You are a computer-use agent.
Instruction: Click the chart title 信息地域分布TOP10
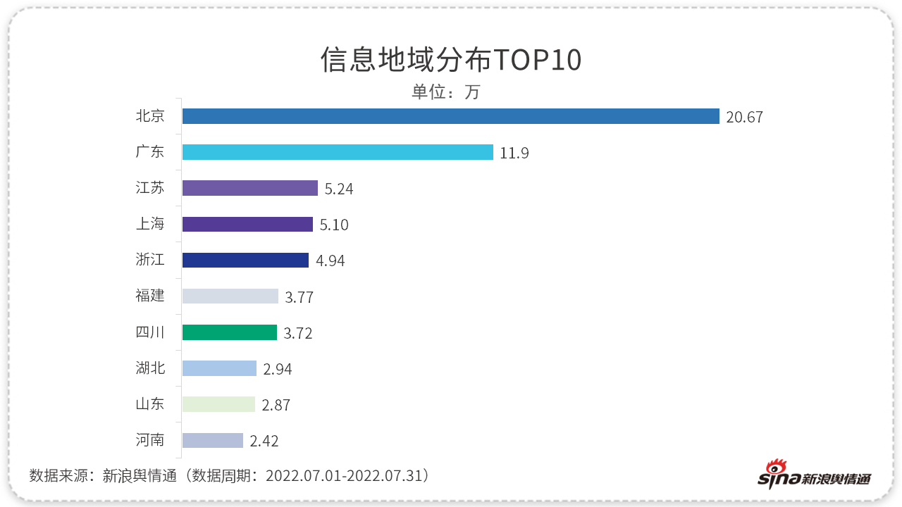451,61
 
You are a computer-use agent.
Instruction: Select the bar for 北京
450,116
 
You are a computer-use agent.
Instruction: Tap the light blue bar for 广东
338,152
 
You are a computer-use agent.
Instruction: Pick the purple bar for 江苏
250,188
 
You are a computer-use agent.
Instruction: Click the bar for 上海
247,224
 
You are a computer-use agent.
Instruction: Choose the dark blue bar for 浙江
245,260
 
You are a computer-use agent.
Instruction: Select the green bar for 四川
230,332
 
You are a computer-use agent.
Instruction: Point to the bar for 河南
213,440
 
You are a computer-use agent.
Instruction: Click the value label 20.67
744,117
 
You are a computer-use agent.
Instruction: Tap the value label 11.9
514,153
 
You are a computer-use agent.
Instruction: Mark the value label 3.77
299,297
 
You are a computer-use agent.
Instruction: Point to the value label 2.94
277,369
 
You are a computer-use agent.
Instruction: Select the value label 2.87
276,405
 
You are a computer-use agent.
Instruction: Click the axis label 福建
150,296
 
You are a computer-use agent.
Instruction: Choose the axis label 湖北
150,368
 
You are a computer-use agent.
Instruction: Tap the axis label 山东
150,403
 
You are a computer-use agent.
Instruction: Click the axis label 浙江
150,260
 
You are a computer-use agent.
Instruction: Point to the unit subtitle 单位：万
445,92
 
